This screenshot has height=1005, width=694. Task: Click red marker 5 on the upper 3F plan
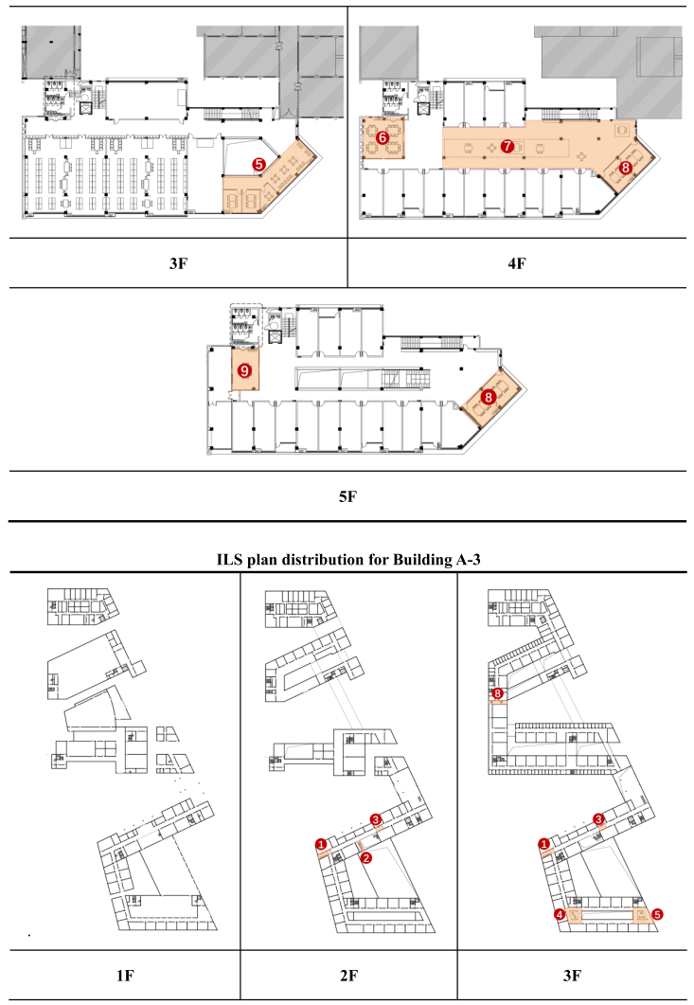pos(258,163)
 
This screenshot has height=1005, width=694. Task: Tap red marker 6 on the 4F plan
pos(383,137)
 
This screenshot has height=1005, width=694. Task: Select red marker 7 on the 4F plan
pos(507,146)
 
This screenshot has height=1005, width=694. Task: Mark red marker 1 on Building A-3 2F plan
pos(321,842)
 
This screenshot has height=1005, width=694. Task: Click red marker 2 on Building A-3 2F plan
pos(366,857)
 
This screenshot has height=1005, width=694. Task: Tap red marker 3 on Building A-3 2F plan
pos(376,819)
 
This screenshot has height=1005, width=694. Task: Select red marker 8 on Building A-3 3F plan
pos(498,694)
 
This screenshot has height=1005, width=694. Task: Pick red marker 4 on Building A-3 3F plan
pos(560,915)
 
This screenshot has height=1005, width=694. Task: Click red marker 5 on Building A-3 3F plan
pos(657,915)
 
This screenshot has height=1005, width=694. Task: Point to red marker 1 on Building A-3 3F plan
pos(543,843)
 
